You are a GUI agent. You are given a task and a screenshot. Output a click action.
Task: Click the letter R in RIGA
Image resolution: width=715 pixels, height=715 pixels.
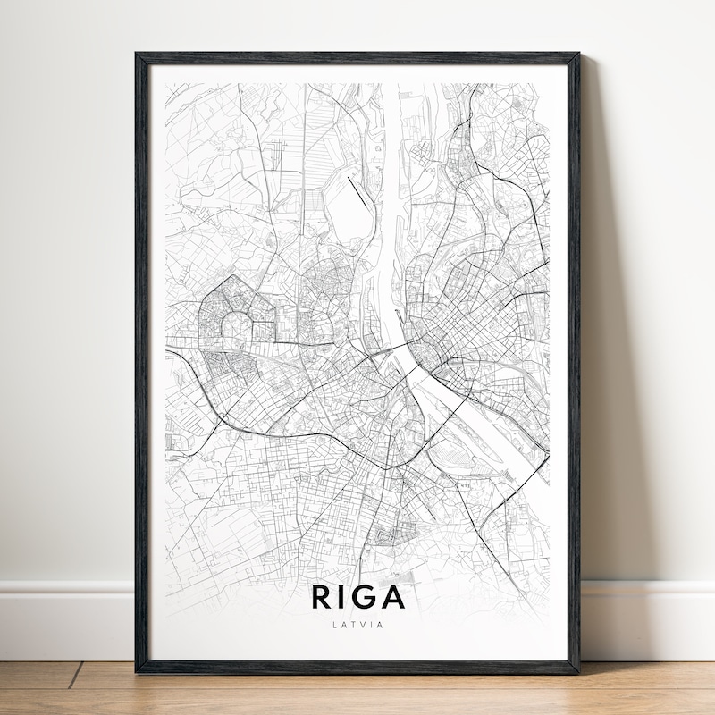click(x=322, y=597)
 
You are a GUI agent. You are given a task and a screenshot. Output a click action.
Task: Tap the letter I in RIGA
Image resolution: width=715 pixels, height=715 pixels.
click(x=343, y=597)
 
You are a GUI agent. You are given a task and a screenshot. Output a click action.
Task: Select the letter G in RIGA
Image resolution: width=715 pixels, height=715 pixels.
click(x=366, y=597)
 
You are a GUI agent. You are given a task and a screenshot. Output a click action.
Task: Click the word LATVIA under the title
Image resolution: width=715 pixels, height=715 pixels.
click(x=357, y=625)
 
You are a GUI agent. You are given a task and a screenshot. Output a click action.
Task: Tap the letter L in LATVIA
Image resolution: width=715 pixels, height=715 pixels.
click(x=333, y=625)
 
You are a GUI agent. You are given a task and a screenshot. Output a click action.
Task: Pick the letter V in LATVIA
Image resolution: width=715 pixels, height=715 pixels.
click(x=359, y=625)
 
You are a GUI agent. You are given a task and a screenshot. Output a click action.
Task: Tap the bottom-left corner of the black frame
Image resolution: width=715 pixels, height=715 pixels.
click(x=139, y=669)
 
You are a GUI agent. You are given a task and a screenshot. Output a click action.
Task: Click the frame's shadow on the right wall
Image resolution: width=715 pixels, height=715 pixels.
click(x=594, y=357)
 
